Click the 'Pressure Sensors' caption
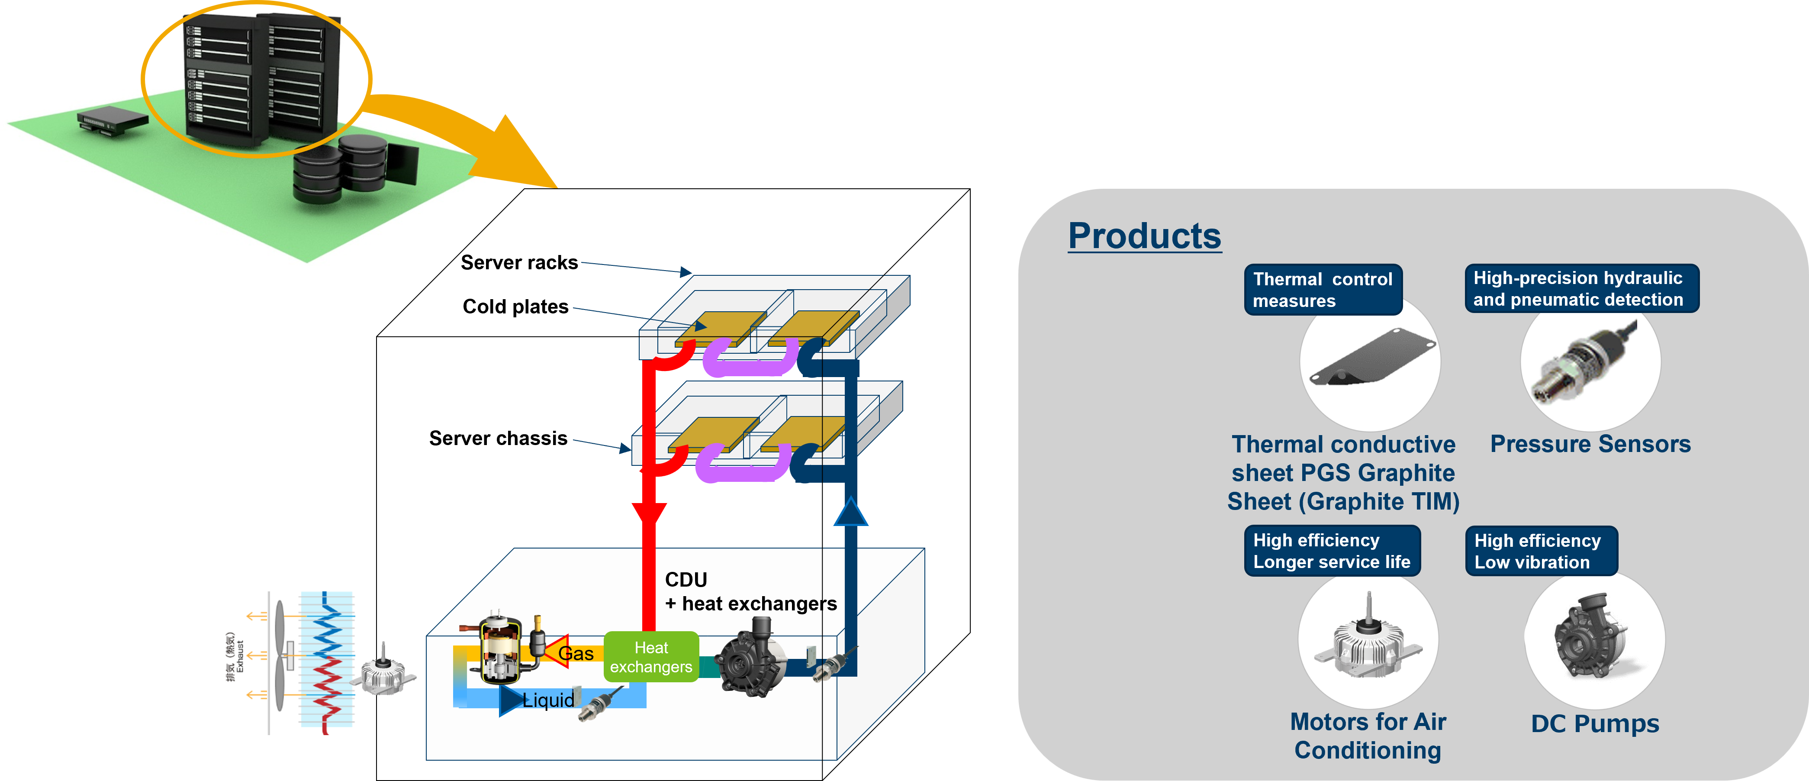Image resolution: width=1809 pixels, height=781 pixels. tap(1590, 445)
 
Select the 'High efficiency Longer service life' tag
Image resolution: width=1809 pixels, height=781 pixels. tap(1332, 552)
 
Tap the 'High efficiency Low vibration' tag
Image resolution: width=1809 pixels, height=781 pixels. tap(1540, 552)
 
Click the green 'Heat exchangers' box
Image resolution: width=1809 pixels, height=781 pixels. tap(651, 657)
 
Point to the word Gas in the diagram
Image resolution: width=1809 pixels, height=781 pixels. tap(576, 654)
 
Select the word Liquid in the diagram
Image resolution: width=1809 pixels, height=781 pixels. tap(548, 700)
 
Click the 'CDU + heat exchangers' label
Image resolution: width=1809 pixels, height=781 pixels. tap(750, 591)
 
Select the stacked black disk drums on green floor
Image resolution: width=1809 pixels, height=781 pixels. tap(341, 170)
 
